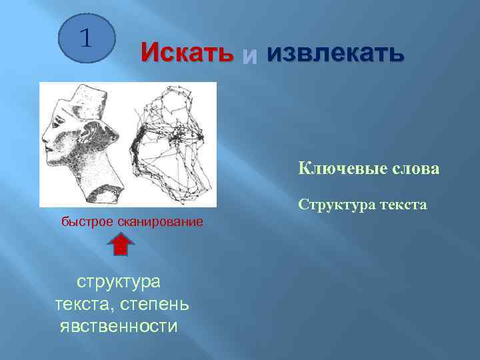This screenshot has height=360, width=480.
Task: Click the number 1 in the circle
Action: [86, 37]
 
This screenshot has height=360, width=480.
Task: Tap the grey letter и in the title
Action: [249, 55]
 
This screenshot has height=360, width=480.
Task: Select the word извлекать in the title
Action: [335, 53]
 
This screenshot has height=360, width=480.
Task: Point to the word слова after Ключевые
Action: [413, 169]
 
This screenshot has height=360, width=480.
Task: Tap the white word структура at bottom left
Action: [119, 281]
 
